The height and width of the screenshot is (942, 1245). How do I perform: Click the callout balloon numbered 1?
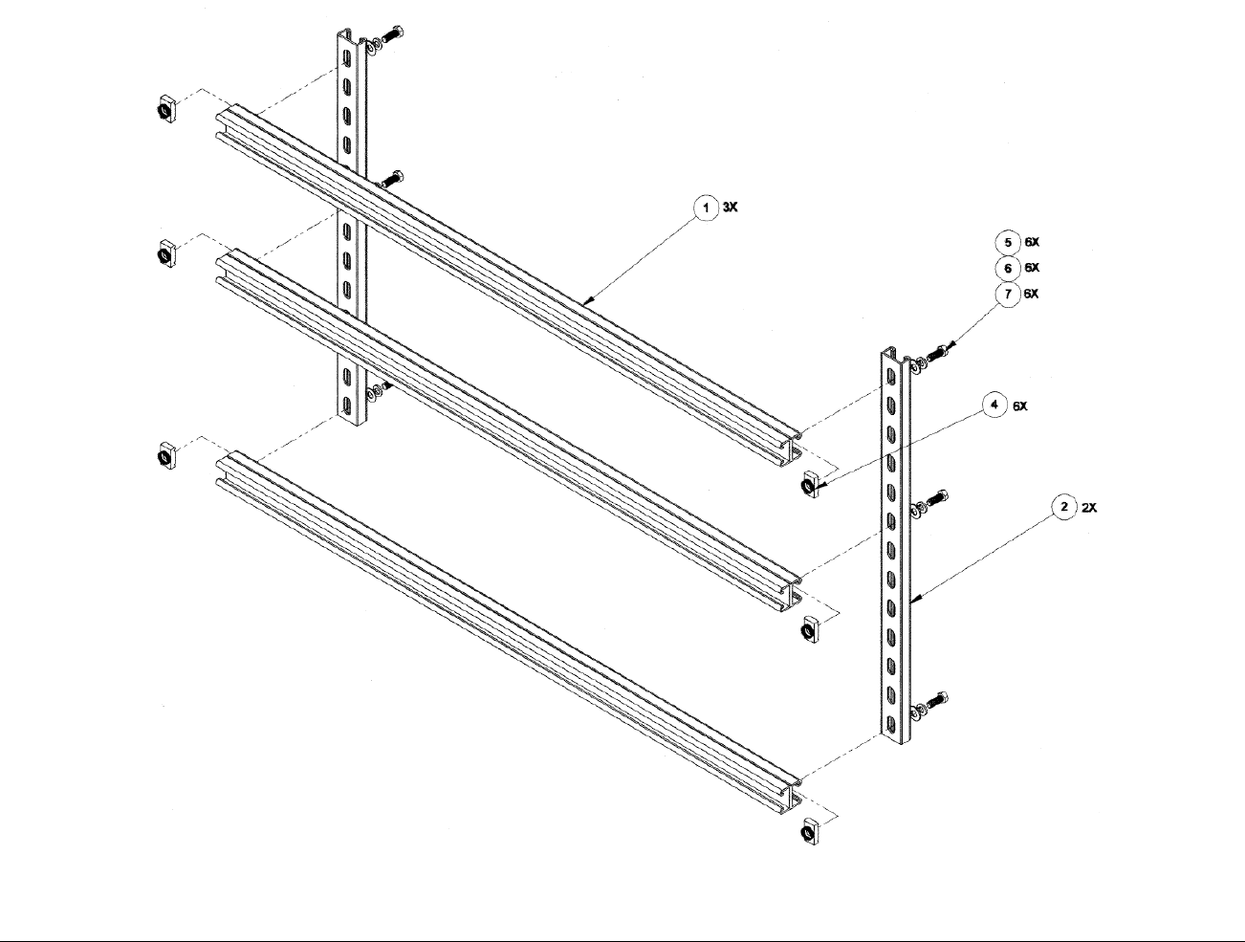coord(706,208)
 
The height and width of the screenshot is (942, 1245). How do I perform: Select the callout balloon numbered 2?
coord(1064,507)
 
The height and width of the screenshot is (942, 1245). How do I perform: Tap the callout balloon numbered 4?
coord(994,405)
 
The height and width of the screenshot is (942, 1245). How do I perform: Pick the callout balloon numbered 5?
coord(1007,243)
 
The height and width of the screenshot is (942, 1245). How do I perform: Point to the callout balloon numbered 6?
coord(1007,268)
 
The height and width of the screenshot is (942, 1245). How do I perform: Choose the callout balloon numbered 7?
coord(1008,295)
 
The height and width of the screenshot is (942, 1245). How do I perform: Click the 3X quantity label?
coord(730,208)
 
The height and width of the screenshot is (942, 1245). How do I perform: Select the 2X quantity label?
coord(1089,508)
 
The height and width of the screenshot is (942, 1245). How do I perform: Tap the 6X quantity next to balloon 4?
coord(1020,406)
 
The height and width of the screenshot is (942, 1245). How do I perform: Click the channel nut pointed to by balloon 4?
coord(809,484)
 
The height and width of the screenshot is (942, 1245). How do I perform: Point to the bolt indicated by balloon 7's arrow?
coord(938,354)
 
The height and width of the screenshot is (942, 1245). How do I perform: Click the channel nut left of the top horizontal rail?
coord(165,108)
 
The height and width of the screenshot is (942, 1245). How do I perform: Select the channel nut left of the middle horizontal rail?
coord(165,252)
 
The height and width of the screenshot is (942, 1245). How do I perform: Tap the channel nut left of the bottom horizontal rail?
coord(165,455)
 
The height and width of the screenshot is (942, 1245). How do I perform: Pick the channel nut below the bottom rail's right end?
coord(809,831)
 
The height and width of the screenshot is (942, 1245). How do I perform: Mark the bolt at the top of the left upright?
coord(392,35)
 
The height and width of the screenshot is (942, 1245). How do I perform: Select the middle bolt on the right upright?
coord(938,498)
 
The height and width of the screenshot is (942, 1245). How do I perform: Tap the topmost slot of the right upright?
coord(891,377)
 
